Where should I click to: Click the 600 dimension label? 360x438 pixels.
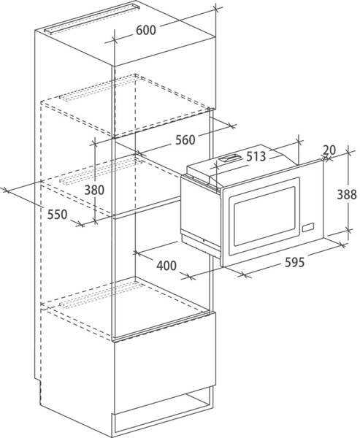145,30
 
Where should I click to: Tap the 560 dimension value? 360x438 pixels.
185,139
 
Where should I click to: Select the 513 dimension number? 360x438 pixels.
256,156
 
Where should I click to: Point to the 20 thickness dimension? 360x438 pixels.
329,150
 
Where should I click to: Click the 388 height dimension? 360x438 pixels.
347,194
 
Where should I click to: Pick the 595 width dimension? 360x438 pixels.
294,262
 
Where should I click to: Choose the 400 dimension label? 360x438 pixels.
166,266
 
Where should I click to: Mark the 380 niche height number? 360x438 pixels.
94,190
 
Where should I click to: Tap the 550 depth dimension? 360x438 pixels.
57,215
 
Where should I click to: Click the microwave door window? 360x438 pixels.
264,217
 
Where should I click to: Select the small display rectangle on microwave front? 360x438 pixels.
307,227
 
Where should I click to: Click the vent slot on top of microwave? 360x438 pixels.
229,158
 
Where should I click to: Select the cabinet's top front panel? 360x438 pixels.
165,87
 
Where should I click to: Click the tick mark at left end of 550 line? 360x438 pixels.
6,191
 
